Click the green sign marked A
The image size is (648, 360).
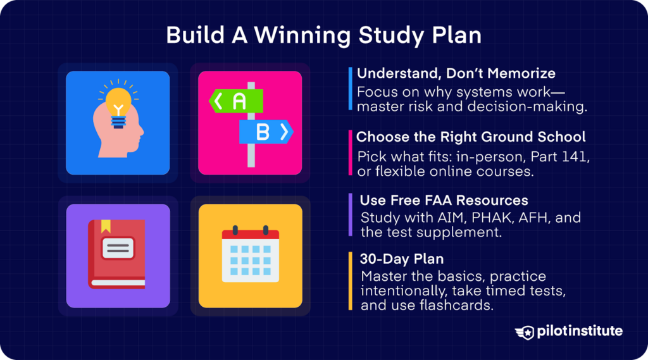pos(236,101)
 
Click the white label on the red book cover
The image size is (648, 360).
pos(118,248)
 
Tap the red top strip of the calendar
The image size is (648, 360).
pos(250,234)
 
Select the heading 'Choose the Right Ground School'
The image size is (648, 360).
pos(471,137)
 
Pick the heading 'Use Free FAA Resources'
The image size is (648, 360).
pos(444,201)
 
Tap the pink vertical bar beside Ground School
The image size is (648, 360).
pos(350,152)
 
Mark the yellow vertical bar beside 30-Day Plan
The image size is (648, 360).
pos(350,281)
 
